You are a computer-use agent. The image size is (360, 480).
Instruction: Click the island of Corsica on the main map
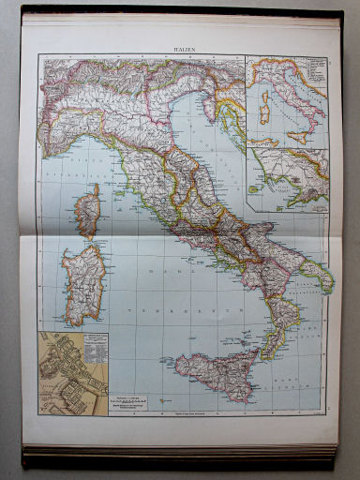click(87, 209)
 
